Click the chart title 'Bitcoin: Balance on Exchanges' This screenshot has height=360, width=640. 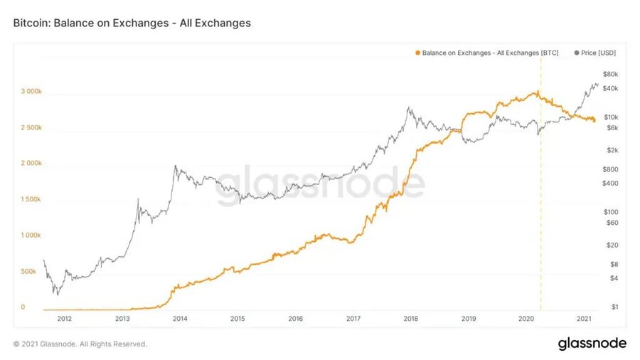coord(132,23)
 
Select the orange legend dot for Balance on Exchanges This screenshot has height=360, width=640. coord(417,53)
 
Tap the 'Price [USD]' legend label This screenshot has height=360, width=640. coord(598,53)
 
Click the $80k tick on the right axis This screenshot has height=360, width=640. coord(610,74)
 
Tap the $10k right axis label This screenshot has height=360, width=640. coord(610,117)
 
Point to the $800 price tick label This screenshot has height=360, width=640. coord(610,169)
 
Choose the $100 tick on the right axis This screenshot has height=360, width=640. coord(610,212)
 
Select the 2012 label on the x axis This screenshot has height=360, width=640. coord(65,319)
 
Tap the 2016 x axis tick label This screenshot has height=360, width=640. coord(296,319)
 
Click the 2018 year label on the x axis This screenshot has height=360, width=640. coord(411,319)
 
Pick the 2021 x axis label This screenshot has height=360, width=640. coord(584,319)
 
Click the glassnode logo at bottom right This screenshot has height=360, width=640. coord(592,344)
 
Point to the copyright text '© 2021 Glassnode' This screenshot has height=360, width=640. coord(80,344)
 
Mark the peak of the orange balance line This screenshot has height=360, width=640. coord(535,92)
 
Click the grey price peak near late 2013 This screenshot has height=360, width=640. coord(175,166)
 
